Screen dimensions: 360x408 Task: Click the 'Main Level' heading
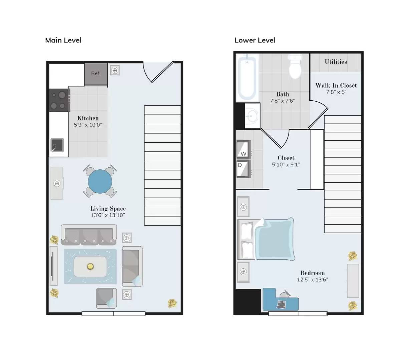coord(63,40)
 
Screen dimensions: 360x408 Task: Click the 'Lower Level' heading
coord(255,40)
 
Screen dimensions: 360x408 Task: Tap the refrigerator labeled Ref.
coord(96,74)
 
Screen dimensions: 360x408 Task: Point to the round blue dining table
coord(100,181)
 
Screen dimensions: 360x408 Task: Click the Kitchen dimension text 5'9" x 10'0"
coord(88,125)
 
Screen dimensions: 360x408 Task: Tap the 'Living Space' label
coord(108,209)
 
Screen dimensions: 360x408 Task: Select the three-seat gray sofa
coord(89,235)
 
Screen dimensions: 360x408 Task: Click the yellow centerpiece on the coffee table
coord(90,266)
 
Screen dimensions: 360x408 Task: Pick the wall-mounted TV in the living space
coord(53,266)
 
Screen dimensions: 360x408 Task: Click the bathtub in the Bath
coord(247,78)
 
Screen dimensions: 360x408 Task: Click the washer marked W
coord(243,149)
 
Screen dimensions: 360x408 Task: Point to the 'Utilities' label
coord(336,62)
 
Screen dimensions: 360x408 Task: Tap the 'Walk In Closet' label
coord(336,86)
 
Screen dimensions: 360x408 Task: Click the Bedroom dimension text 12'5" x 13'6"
coord(312,280)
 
